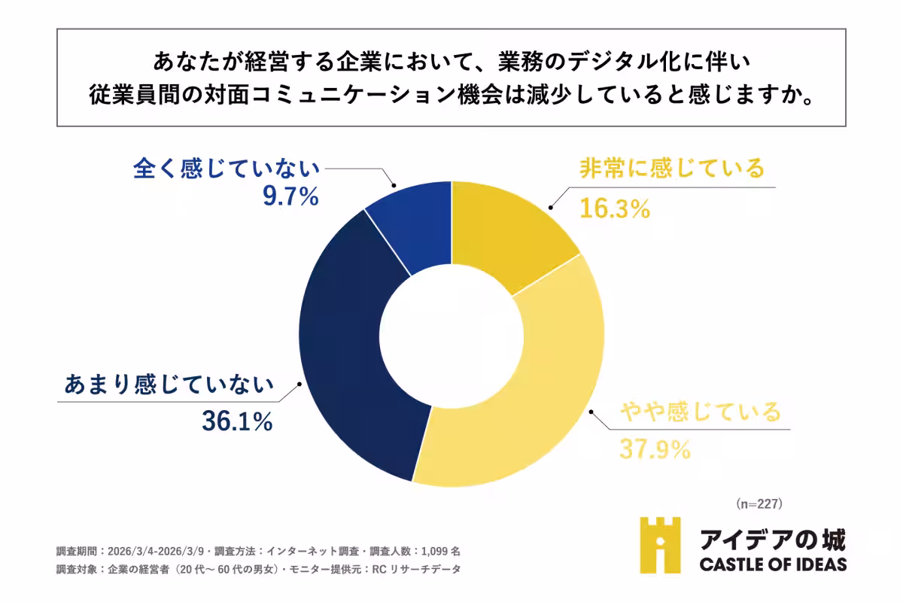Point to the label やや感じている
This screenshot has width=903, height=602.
[x=701, y=412]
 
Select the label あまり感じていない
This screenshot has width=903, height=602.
[x=167, y=385]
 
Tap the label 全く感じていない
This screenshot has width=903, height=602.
[x=227, y=169]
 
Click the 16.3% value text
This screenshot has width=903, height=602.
[x=614, y=208]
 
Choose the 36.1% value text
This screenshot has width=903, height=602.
[x=236, y=422]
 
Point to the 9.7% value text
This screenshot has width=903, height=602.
[x=290, y=196]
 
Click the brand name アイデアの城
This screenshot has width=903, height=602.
[x=772, y=539]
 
